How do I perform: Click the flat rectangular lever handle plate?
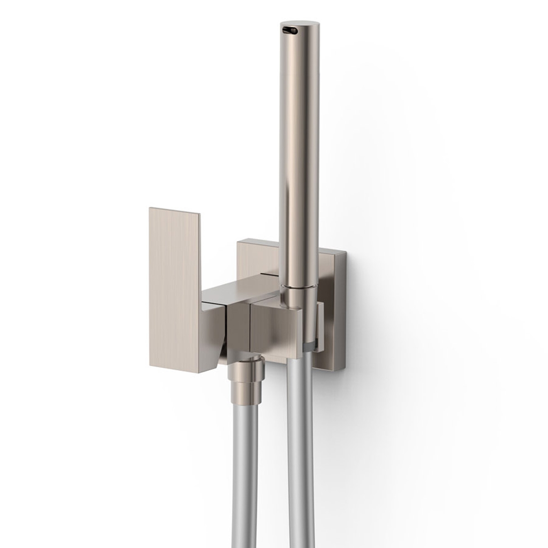176,283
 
